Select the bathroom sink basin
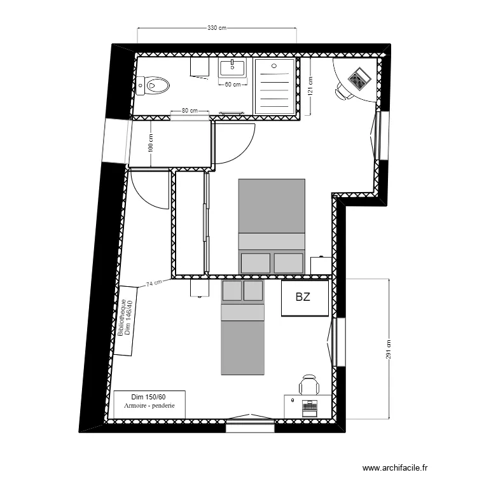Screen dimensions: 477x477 click(233, 68)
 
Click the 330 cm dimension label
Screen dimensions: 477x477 click(217, 28)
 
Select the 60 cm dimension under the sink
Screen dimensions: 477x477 click(233, 85)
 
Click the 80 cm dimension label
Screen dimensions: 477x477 click(189, 111)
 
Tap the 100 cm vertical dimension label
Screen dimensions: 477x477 click(151, 145)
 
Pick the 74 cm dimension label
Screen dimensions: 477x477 click(155, 283)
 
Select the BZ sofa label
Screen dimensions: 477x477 click(303, 297)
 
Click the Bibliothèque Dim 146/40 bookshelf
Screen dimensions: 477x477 click(127, 319)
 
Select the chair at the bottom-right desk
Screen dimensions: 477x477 click(309, 384)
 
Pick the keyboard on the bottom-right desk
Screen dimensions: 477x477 click(310, 405)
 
